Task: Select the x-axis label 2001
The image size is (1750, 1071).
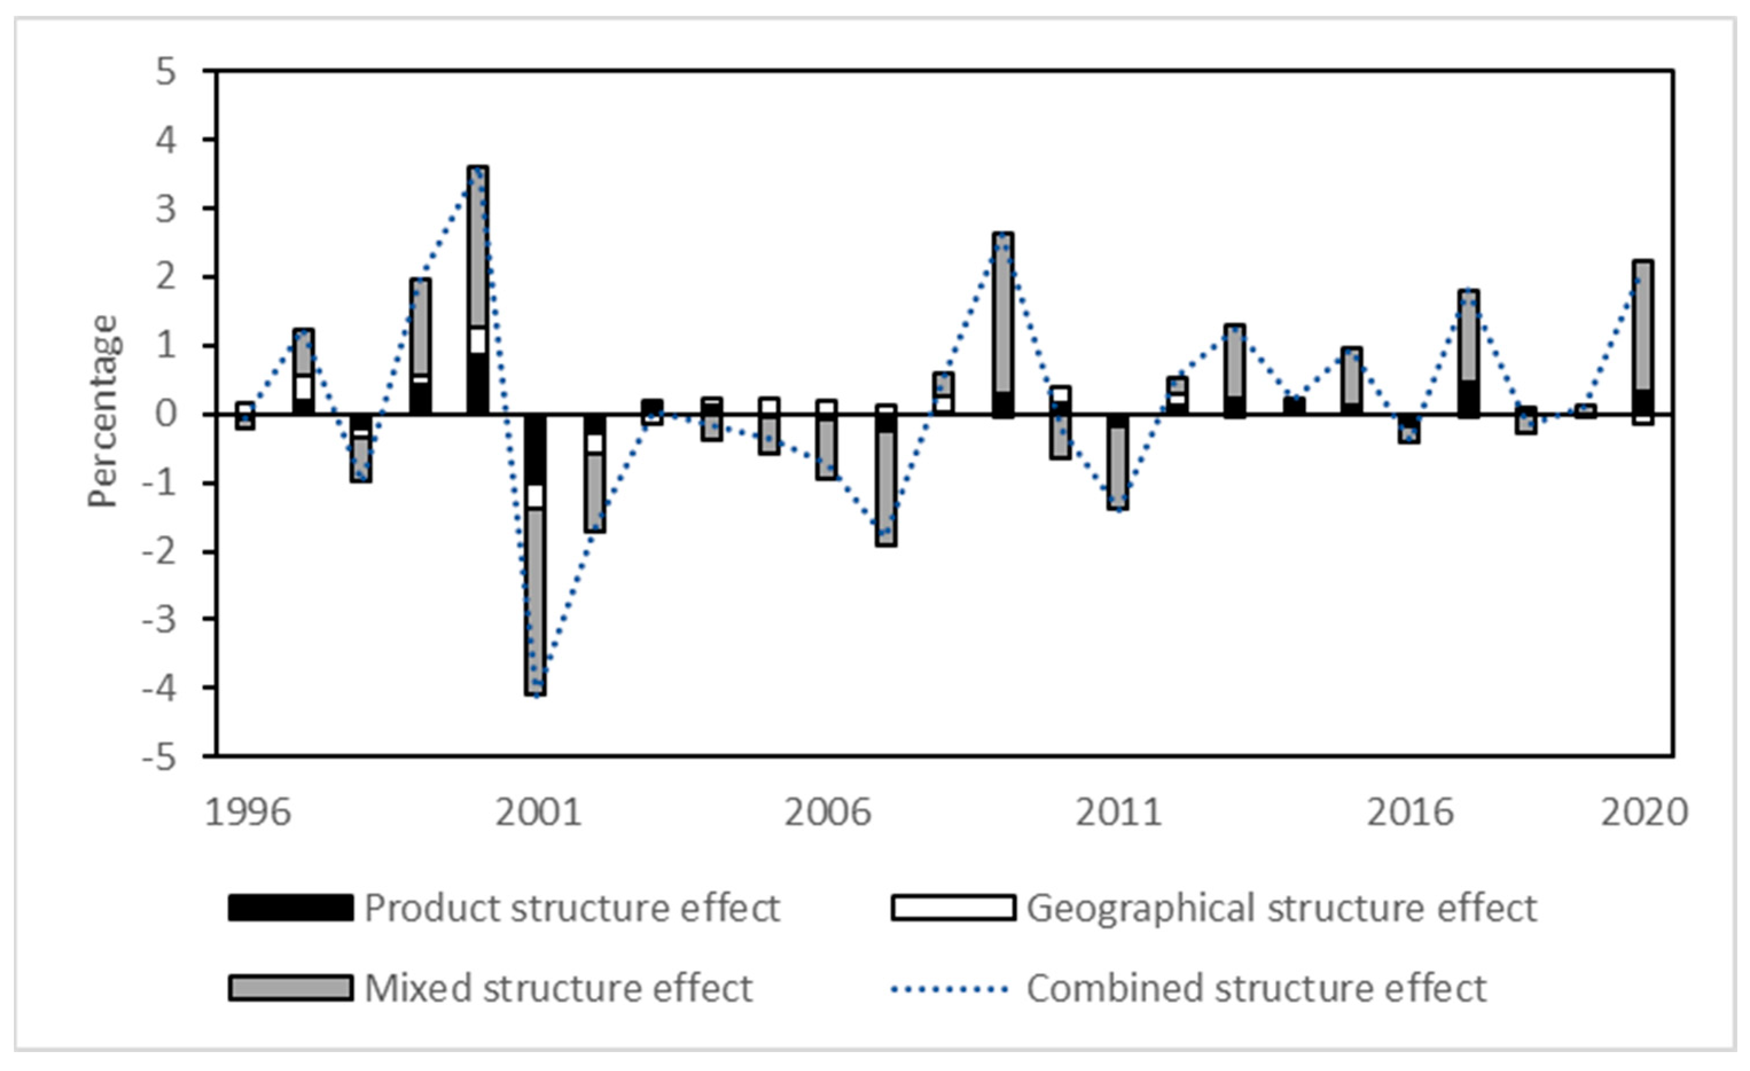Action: click(x=538, y=813)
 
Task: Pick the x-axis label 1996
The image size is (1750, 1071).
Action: click(x=247, y=813)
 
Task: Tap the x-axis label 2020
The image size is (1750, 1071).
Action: click(x=1643, y=813)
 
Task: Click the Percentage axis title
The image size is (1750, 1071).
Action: click(x=103, y=412)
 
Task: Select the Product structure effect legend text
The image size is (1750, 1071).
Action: click(x=571, y=908)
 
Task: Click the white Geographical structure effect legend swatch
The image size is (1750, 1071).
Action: click(x=953, y=908)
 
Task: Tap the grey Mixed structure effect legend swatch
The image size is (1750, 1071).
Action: click(x=291, y=988)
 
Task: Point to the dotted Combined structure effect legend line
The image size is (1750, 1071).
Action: click(x=950, y=988)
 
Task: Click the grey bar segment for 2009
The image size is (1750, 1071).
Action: click(x=1002, y=312)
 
